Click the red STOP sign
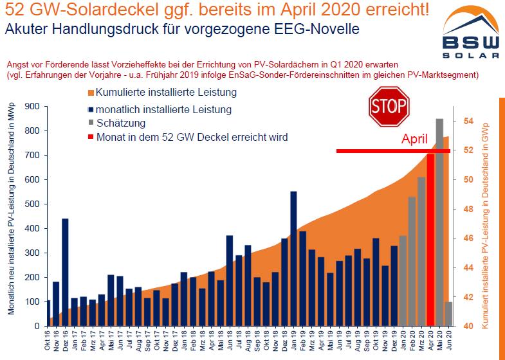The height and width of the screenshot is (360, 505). tap(389, 106)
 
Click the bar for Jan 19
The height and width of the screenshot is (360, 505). tap(293, 258)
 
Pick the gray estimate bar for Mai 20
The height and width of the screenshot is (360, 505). tap(439, 222)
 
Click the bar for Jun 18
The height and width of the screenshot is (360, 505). tap(230, 280)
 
